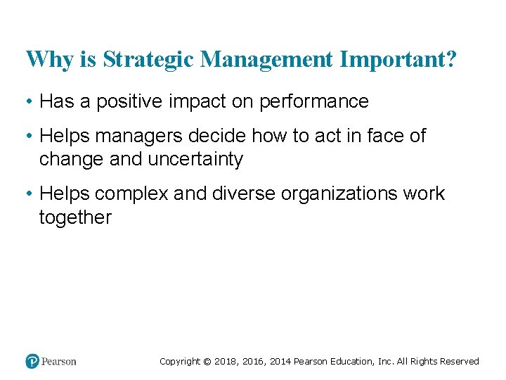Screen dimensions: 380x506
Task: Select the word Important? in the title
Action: (x=398, y=60)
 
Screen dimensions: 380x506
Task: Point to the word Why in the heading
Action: (x=45, y=60)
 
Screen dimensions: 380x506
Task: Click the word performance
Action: (x=314, y=102)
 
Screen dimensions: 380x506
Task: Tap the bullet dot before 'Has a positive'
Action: (x=29, y=102)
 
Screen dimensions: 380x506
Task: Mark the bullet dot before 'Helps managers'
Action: (x=29, y=136)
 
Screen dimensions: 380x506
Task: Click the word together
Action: (x=75, y=217)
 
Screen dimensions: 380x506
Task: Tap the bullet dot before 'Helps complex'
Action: (x=29, y=194)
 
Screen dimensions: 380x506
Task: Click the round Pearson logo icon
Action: (x=32, y=362)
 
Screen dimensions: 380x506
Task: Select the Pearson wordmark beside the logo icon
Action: (x=58, y=362)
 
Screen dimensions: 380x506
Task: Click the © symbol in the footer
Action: (x=207, y=362)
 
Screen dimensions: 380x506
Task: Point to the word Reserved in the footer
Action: (x=460, y=362)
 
